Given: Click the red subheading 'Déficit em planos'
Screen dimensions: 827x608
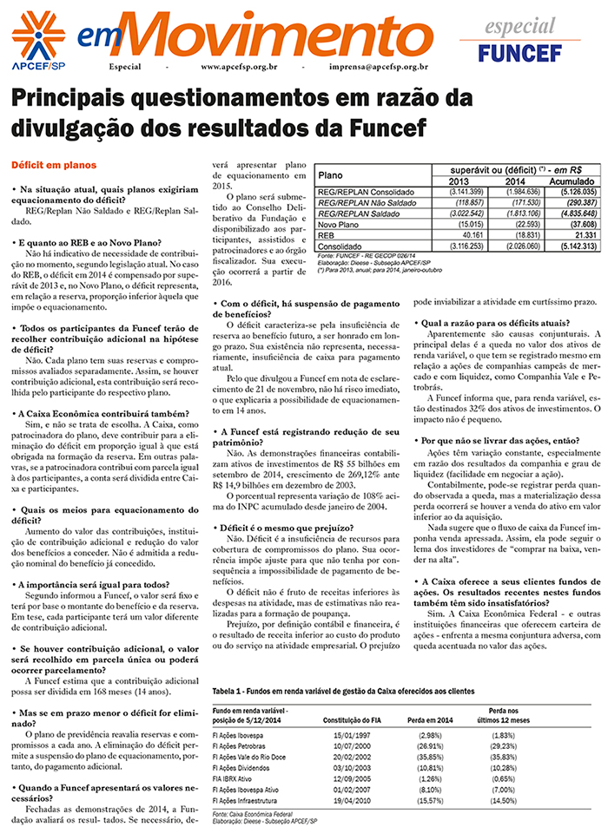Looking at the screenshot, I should [54, 164].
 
